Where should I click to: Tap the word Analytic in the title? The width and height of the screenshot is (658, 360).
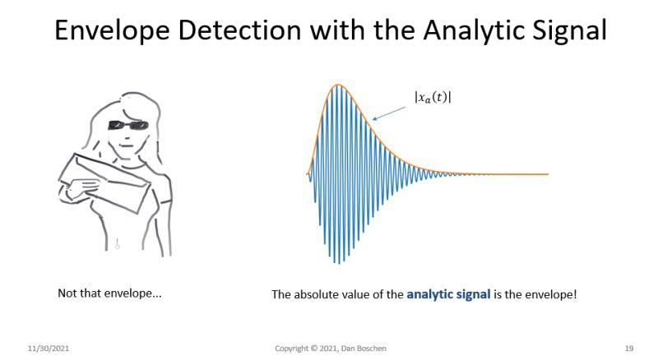(x=480, y=31)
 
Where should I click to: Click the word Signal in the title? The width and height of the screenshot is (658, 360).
(x=567, y=31)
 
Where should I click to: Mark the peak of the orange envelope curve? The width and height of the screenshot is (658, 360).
(x=336, y=85)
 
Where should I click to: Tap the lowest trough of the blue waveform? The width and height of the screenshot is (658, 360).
(x=336, y=263)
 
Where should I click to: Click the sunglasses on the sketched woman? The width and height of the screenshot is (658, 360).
(x=127, y=125)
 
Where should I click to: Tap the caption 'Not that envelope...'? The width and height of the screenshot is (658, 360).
(x=109, y=293)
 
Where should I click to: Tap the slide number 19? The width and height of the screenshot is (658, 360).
(x=628, y=348)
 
